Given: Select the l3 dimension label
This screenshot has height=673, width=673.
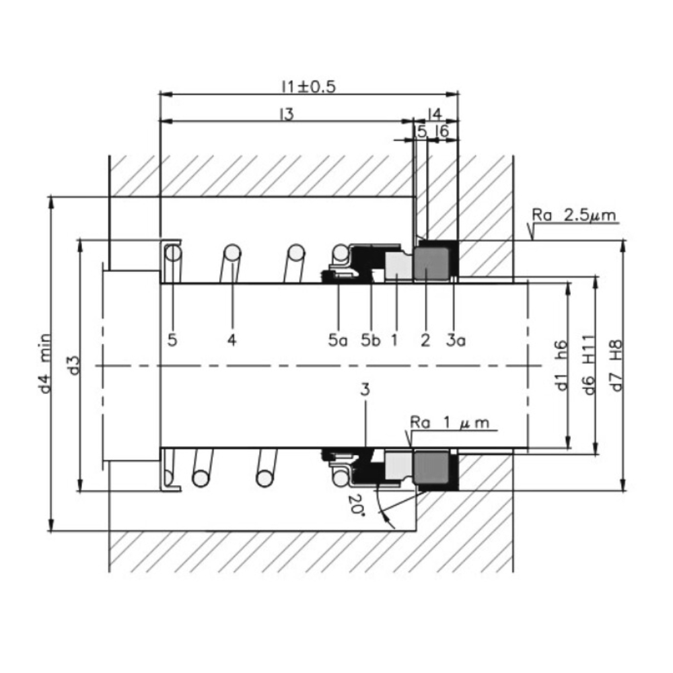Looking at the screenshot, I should tap(287, 114).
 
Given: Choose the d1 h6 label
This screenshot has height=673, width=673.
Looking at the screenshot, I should tap(563, 364).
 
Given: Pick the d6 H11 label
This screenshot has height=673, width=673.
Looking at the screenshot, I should tap(589, 364).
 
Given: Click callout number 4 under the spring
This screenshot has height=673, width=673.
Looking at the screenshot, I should tap(232, 340).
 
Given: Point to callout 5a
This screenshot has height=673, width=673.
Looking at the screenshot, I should tap(338, 341).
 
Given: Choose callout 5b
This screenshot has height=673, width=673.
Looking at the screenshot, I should tap(370, 341).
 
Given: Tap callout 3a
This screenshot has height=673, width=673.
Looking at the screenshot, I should tap(457, 341).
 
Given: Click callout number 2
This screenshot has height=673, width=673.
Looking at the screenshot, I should tap(425, 341).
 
